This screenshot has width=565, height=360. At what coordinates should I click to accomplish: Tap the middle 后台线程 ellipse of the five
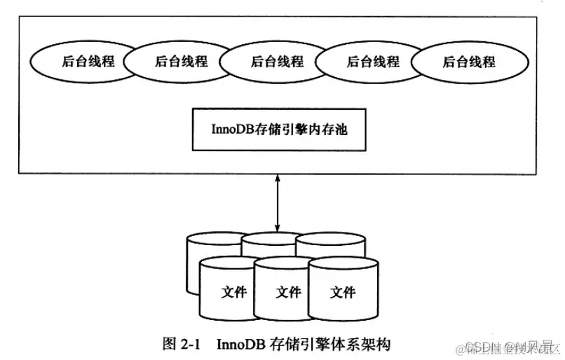[277, 62]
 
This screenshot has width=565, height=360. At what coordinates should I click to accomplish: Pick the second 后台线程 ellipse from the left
[181, 62]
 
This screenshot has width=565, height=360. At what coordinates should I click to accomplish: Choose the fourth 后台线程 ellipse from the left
[373, 62]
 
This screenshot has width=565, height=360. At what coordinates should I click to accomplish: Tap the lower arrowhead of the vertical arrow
[278, 227]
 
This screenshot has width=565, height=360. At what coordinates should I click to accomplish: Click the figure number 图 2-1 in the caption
[181, 344]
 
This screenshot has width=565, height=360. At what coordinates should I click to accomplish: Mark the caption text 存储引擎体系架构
[329, 344]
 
